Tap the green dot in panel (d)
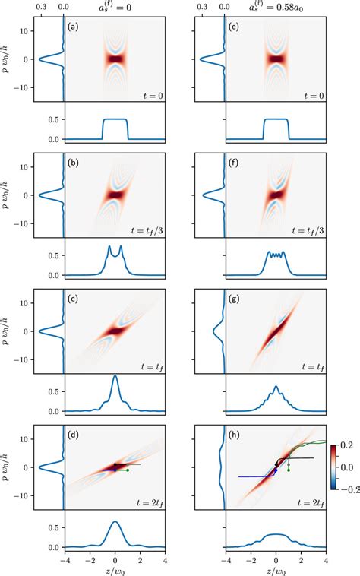[128, 470]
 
